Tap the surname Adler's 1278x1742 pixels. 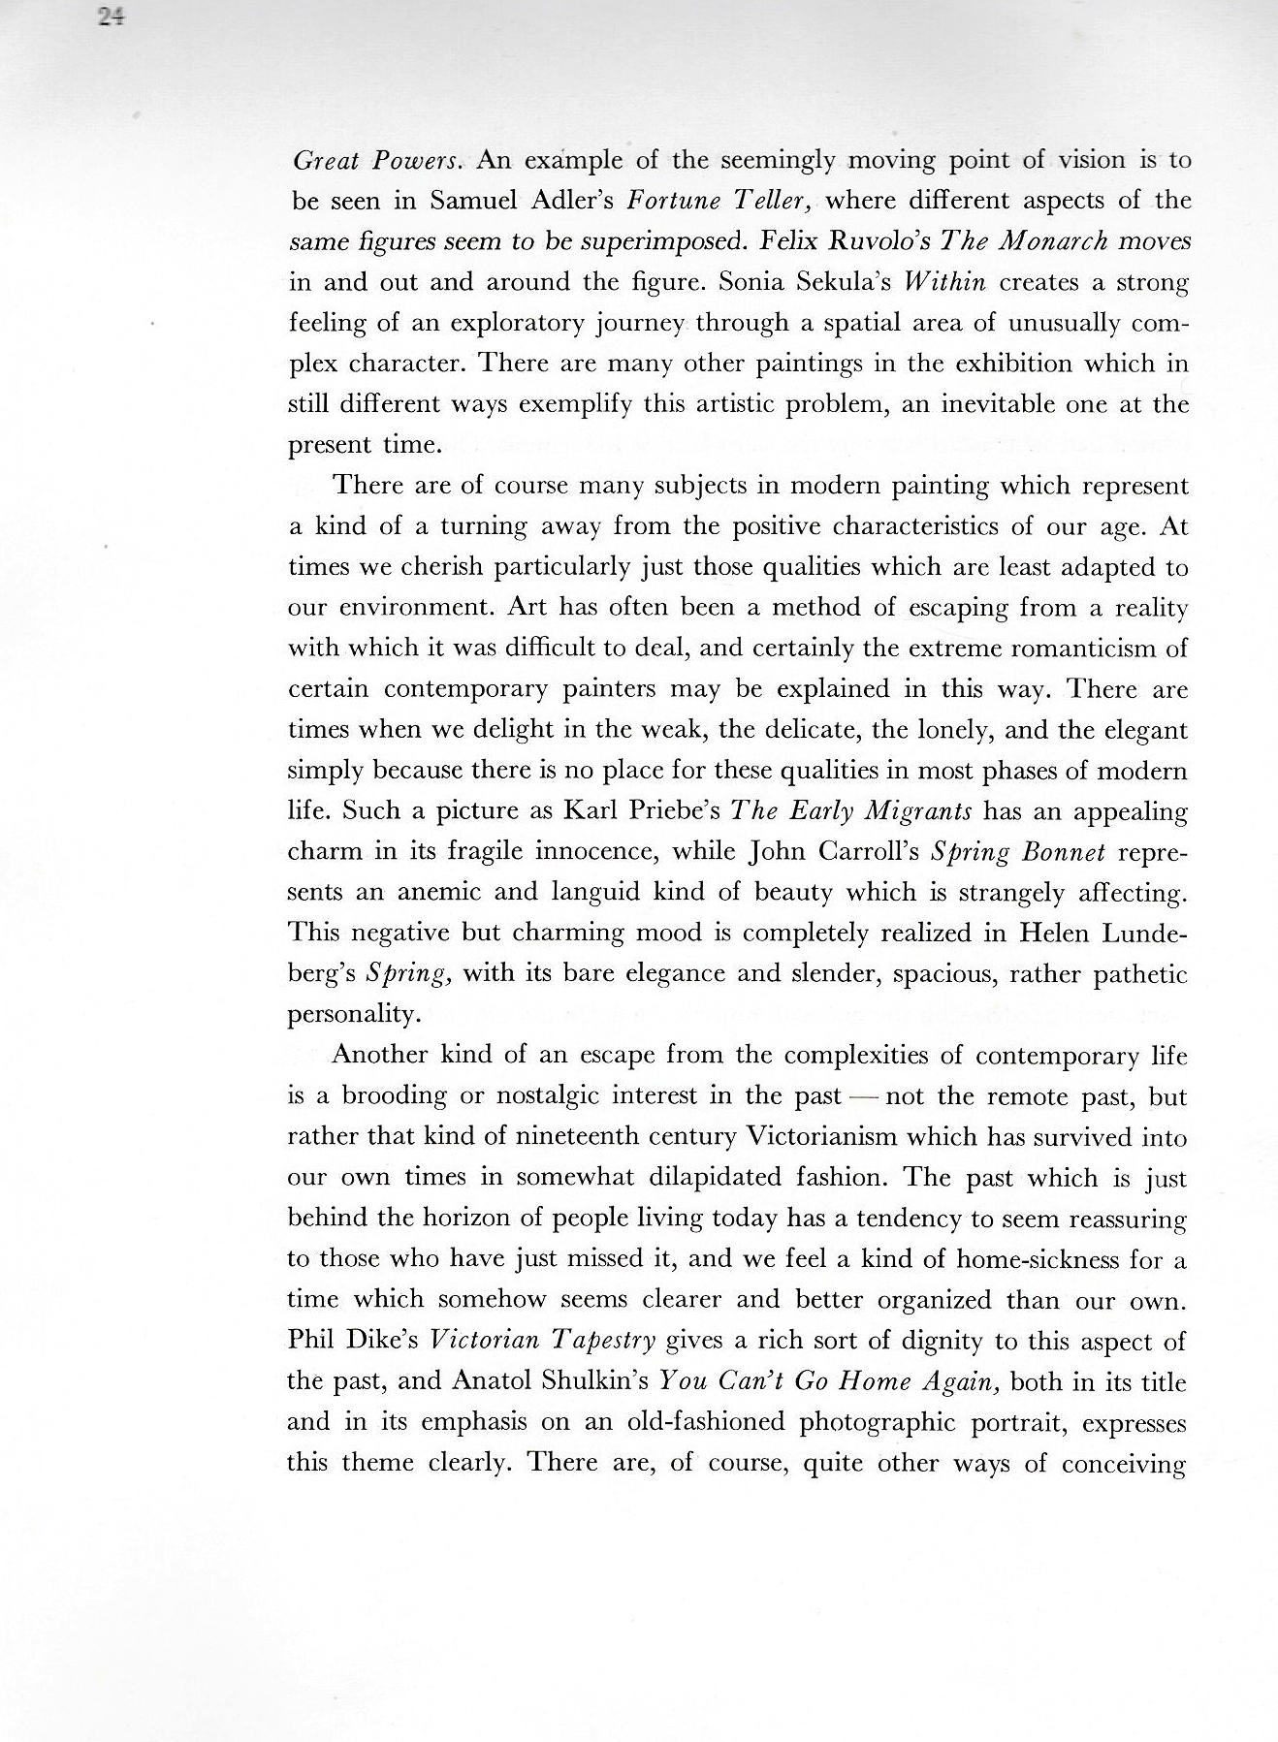(x=568, y=202)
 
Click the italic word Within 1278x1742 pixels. (x=943, y=282)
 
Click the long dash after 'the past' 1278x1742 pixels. (x=863, y=1096)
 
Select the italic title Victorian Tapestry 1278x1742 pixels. (x=542, y=1341)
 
